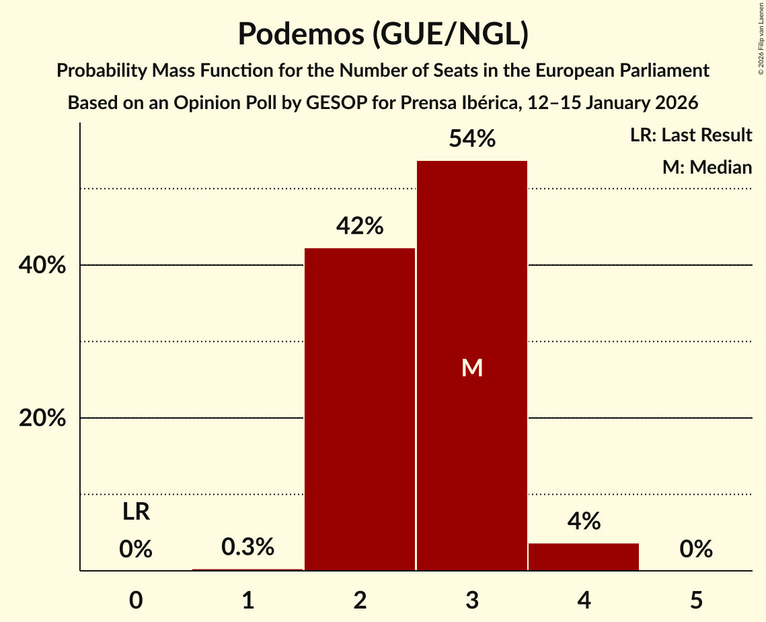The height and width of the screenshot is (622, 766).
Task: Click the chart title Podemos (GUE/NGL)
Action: (383, 34)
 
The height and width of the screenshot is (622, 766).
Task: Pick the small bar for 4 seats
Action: (584, 557)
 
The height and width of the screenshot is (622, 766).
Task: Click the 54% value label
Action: (472, 139)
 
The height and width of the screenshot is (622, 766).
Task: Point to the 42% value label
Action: (360, 226)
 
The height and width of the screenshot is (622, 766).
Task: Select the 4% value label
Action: (584, 521)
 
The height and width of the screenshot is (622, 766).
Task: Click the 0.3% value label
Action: (247, 547)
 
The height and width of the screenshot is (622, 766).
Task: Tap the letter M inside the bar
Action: (472, 368)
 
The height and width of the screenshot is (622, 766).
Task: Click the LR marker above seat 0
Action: (136, 512)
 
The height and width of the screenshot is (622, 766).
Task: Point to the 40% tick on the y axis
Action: (42, 266)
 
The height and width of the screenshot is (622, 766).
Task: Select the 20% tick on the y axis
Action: (42, 419)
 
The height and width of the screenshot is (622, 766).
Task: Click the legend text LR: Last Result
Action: (691, 135)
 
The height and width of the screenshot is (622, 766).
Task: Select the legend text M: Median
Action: (707, 167)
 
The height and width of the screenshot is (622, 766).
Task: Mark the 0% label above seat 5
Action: (696, 549)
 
